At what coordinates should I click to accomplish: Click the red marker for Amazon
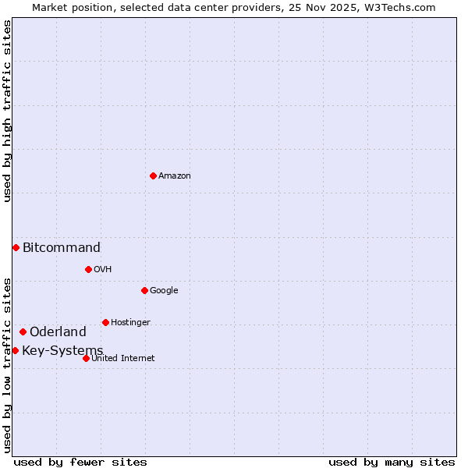[x=153, y=175]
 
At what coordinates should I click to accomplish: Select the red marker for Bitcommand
[x=16, y=247]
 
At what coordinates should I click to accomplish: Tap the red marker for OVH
[x=88, y=269]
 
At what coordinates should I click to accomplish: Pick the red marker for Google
[x=144, y=290]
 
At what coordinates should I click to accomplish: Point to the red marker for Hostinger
[x=105, y=322]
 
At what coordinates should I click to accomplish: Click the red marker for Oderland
[x=23, y=331]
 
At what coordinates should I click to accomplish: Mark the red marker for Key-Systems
[x=15, y=350]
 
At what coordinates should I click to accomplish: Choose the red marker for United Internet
[x=86, y=358]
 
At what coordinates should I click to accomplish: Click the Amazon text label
[x=175, y=176]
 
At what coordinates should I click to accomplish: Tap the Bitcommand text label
[x=62, y=248]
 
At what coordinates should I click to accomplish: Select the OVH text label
[x=103, y=270]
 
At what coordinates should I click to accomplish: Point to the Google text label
[x=164, y=291]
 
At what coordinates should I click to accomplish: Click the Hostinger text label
[x=130, y=323]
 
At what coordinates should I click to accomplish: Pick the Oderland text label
[x=58, y=332]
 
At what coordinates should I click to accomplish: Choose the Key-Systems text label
[x=62, y=351]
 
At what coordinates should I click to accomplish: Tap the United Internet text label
[x=123, y=359]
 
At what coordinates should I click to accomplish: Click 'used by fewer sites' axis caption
[x=80, y=463]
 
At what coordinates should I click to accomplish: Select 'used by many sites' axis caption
[x=392, y=463]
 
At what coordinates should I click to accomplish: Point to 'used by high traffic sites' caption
[x=8, y=111]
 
